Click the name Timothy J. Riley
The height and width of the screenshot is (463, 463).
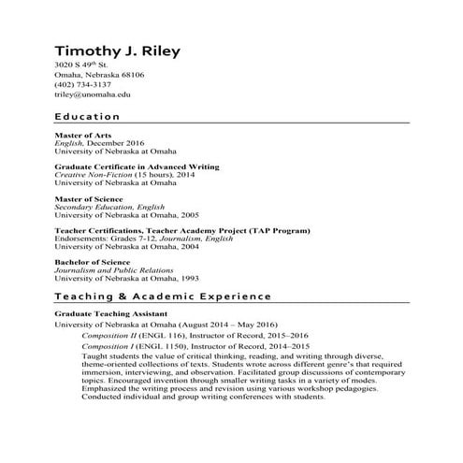pos(116,50)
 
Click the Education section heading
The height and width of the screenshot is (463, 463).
pos(87,117)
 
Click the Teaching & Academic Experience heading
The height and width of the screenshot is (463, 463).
pos(163,296)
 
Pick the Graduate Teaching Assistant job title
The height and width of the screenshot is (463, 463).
pos(111,313)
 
